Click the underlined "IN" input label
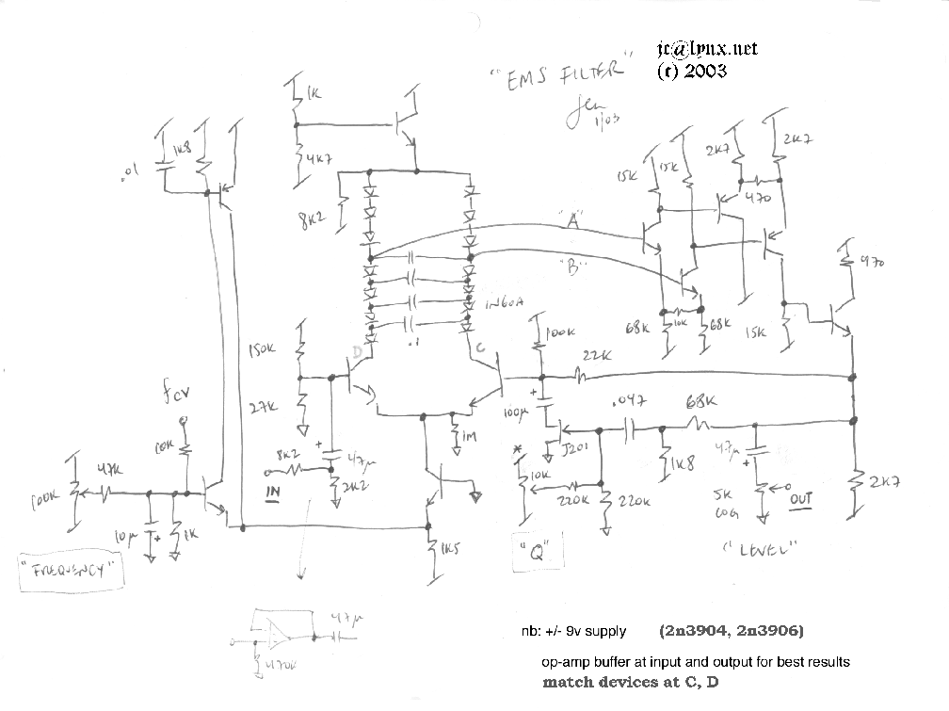[x=274, y=492]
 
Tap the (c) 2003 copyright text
[x=692, y=71]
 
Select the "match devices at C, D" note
[x=630, y=682]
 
